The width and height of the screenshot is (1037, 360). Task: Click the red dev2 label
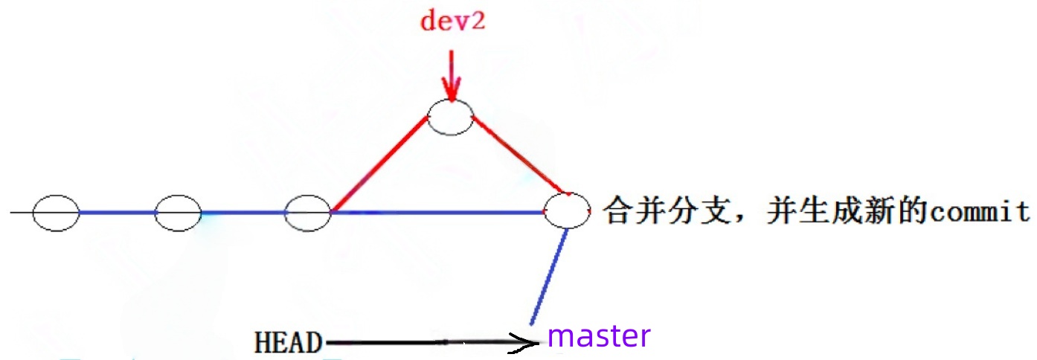pos(452,20)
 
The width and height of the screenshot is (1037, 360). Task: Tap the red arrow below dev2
pos(450,74)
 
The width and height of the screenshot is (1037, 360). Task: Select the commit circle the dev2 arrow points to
pos(451,118)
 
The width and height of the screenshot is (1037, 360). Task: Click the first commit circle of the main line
pos(56,213)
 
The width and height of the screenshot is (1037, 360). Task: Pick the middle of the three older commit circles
pos(178,213)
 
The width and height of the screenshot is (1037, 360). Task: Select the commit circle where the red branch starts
pos(308,213)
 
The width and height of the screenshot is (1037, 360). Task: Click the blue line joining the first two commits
pos(117,213)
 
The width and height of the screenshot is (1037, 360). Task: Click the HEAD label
pos(289,343)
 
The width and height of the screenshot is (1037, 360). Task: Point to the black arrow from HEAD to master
pos(431,342)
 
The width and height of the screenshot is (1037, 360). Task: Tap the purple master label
pos(599,336)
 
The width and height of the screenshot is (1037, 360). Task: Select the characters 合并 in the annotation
pos(635,212)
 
